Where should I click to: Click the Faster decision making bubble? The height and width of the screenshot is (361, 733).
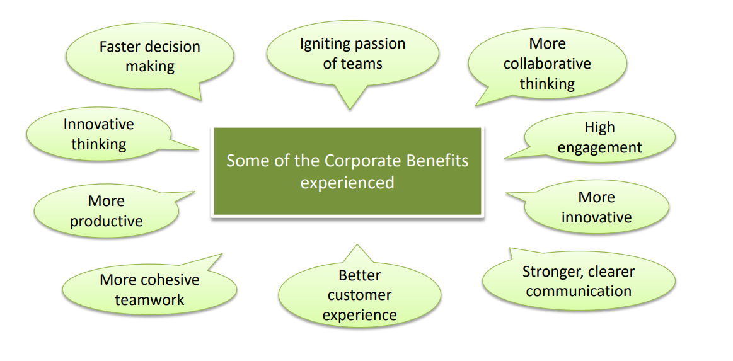pos(149,56)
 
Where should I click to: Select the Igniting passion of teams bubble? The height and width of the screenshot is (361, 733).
pos(352,54)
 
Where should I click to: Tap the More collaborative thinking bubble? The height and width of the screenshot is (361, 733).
pos(547,64)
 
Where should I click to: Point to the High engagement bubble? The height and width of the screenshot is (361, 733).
pos(599,137)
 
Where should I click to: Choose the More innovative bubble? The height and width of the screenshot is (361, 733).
pos(596,207)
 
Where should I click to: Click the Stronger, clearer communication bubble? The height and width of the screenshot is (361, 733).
pos(579,281)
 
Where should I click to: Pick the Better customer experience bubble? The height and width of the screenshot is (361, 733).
pos(359,295)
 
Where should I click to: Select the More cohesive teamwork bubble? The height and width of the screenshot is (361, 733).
pos(149,289)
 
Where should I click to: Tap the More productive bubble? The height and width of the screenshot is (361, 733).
pos(106,211)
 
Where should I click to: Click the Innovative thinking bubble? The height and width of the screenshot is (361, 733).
pos(98,134)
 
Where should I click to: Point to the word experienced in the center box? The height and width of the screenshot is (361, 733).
pos(347,183)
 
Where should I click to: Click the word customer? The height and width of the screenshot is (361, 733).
pos(359,295)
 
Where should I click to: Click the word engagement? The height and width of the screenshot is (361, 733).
pos(599,148)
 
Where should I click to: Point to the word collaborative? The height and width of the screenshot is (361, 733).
pos(547,64)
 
